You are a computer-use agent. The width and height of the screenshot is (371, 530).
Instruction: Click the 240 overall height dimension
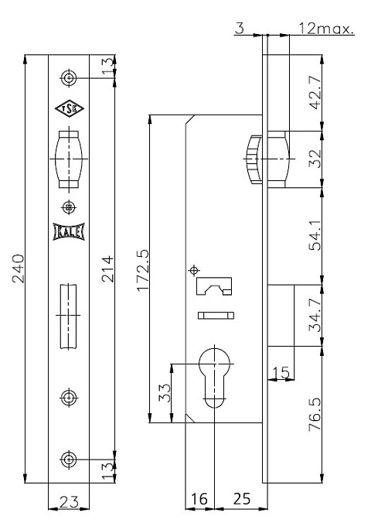coord(19,268)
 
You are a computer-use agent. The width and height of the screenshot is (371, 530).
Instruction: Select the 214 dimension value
coord(107,268)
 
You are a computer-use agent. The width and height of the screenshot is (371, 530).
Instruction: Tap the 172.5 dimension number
coord(143,270)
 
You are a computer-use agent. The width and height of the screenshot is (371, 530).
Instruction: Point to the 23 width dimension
coord(69,501)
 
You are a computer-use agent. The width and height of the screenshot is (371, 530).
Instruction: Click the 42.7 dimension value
coord(315,92)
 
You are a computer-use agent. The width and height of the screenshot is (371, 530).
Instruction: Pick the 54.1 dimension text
coord(315,235)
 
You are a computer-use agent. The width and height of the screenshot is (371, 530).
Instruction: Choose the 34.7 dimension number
coord(315,315)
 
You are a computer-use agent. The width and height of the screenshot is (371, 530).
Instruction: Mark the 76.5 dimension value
coord(315,414)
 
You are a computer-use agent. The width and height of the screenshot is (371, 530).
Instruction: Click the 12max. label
coord(326,29)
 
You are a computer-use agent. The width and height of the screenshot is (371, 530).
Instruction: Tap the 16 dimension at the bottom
coord(199,499)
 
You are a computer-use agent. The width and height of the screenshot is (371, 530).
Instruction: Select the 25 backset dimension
coord(241,499)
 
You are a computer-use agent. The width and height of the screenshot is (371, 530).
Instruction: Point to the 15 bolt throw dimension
coord(281,372)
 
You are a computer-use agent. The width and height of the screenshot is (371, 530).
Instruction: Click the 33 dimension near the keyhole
coord(165,392)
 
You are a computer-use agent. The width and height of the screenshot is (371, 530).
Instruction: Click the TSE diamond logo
coord(70,108)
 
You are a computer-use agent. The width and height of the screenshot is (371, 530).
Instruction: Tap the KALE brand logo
coord(69,232)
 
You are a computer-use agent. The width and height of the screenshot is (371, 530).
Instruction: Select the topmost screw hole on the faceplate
coord(69,78)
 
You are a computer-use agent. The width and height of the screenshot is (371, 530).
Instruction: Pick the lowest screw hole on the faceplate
coord(69,460)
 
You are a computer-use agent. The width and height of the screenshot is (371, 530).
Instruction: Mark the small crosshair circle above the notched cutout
coord(194,270)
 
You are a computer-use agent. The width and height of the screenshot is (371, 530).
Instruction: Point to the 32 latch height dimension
coord(315,159)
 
